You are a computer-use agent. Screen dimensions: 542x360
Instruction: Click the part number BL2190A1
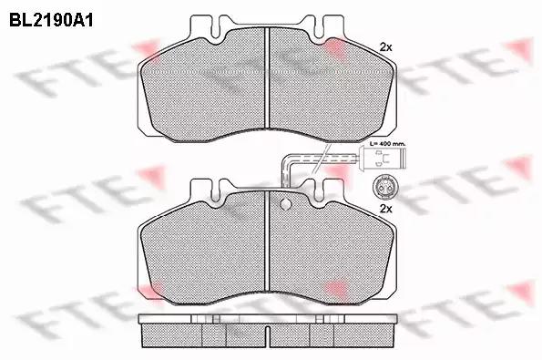click(51, 20)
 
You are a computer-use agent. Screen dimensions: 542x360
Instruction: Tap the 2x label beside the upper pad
click(385, 47)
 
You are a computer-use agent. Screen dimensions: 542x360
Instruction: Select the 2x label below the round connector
click(385, 209)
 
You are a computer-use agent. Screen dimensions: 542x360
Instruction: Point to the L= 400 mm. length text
click(387, 143)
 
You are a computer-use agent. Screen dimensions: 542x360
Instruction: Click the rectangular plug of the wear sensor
click(383, 158)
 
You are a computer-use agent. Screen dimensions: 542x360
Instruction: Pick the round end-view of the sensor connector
click(383, 187)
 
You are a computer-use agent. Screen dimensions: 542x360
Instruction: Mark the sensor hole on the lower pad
click(285, 204)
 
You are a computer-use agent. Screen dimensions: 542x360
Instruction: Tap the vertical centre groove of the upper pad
click(267, 77)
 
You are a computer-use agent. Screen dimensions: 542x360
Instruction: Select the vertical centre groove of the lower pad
click(267, 241)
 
